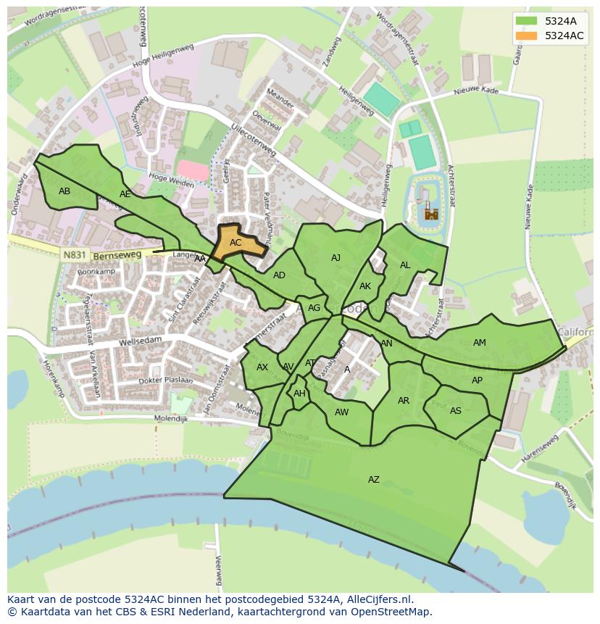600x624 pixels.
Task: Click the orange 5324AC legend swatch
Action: (527, 36)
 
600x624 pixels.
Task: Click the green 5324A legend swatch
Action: (527, 21)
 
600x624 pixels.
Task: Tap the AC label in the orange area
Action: (236, 243)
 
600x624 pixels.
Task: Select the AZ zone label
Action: (374, 480)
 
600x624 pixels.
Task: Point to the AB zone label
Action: (64, 191)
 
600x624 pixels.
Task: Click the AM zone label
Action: (480, 343)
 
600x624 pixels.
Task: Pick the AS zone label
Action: (456, 411)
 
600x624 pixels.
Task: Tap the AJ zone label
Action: (336, 258)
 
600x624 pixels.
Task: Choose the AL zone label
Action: (405, 265)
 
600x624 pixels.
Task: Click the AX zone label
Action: (262, 367)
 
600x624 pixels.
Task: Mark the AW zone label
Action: (342, 412)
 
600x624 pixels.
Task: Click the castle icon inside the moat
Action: (431, 213)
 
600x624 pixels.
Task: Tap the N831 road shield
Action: (73, 255)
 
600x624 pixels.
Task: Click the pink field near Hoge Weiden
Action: (193, 170)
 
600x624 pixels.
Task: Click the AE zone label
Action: (125, 194)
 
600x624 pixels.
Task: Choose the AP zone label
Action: (477, 380)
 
